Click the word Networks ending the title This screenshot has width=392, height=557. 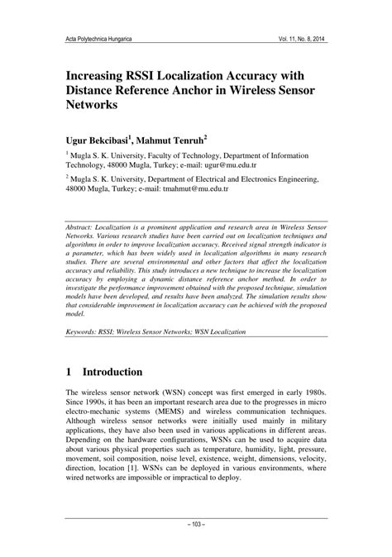93,107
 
